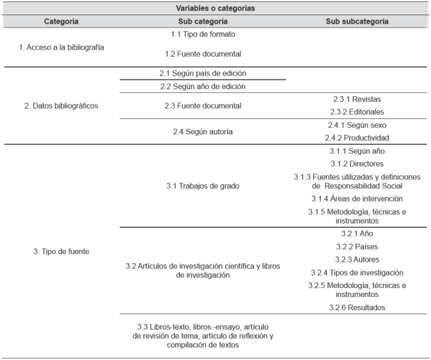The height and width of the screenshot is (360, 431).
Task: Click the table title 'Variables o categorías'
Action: pyautogui.click(x=215, y=8)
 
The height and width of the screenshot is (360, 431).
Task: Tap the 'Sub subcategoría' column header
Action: pyautogui.click(x=356, y=21)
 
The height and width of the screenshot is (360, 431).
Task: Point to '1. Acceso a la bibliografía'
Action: pyautogui.click(x=61, y=47)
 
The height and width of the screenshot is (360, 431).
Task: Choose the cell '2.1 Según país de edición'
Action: pyautogui.click(x=203, y=73)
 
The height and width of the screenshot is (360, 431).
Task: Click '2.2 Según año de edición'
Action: pyautogui.click(x=203, y=87)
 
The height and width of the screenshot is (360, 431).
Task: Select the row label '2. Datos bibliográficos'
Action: pyautogui.click(x=61, y=106)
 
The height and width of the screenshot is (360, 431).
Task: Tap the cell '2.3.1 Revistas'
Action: pyautogui.click(x=356, y=100)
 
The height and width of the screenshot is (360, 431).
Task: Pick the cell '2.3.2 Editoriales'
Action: pyautogui.click(x=356, y=111)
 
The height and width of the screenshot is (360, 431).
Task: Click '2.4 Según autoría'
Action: pyautogui.click(x=203, y=131)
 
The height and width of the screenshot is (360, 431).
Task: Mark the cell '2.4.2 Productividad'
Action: pyautogui.click(x=356, y=137)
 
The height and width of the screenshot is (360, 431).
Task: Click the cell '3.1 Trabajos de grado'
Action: pyautogui.click(x=203, y=185)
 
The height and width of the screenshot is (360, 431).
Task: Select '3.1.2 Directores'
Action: pyautogui.click(x=356, y=163)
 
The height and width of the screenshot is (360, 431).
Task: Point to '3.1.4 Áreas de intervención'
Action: pyautogui.click(x=356, y=198)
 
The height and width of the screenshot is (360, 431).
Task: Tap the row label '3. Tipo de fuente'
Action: pyautogui.click(x=61, y=251)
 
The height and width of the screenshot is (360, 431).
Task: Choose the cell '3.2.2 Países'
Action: pyautogui.click(x=356, y=246)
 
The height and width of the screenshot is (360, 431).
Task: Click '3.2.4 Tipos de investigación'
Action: pyautogui.click(x=356, y=272)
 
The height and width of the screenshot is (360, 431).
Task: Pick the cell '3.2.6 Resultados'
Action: pyautogui.click(x=356, y=307)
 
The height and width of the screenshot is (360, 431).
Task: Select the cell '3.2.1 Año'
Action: pyautogui.click(x=356, y=234)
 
